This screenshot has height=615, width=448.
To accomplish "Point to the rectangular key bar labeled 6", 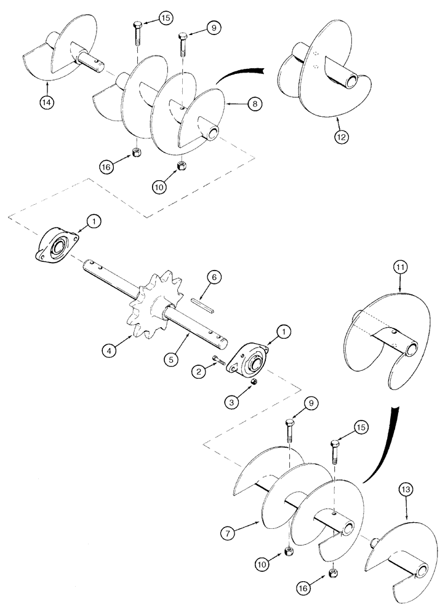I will (x=201, y=301).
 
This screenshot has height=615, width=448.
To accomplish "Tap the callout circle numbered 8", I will (x=254, y=105).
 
